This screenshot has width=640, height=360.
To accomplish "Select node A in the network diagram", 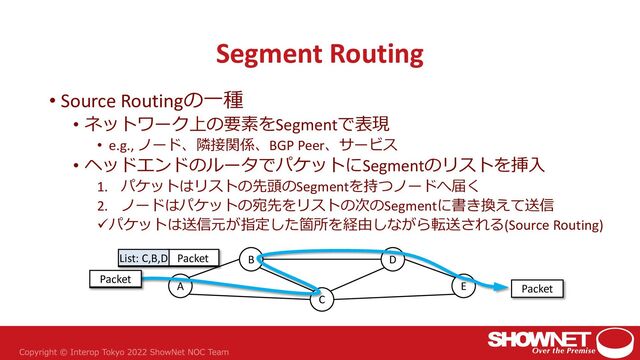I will click(x=180, y=286).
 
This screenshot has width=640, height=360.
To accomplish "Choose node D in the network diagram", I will click(x=393, y=260).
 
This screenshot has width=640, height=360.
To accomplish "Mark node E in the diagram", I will click(x=463, y=286).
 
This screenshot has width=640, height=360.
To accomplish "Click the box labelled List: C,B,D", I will click(x=143, y=258).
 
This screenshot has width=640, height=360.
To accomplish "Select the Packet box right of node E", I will click(x=537, y=289).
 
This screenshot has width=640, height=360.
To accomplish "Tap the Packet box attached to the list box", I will click(x=193, y=258).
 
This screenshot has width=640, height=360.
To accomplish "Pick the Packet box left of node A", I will click(x=115, y=279).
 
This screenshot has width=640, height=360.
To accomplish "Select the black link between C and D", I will click(x=358, y=279).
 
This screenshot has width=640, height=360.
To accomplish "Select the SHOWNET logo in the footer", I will click(x=548, y=336).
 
